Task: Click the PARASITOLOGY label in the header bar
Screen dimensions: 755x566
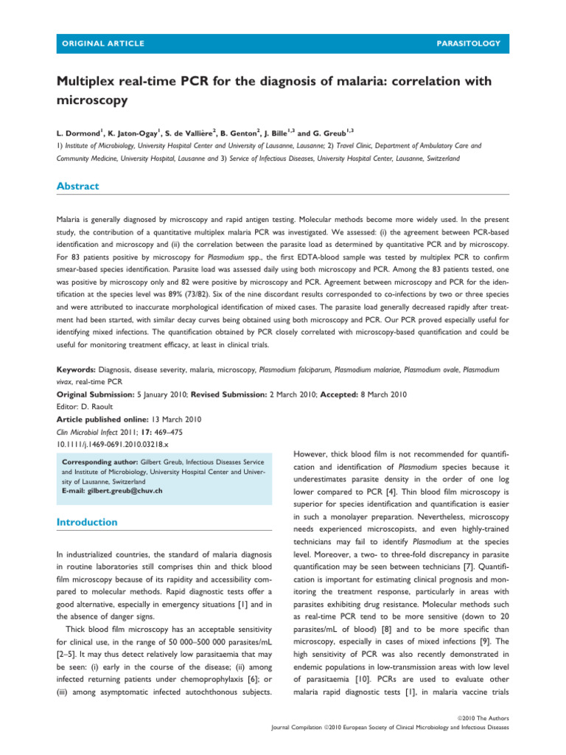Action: point(468,44)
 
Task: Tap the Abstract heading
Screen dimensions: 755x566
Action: point(78,187)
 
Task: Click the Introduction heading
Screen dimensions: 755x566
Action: point(88,522)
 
